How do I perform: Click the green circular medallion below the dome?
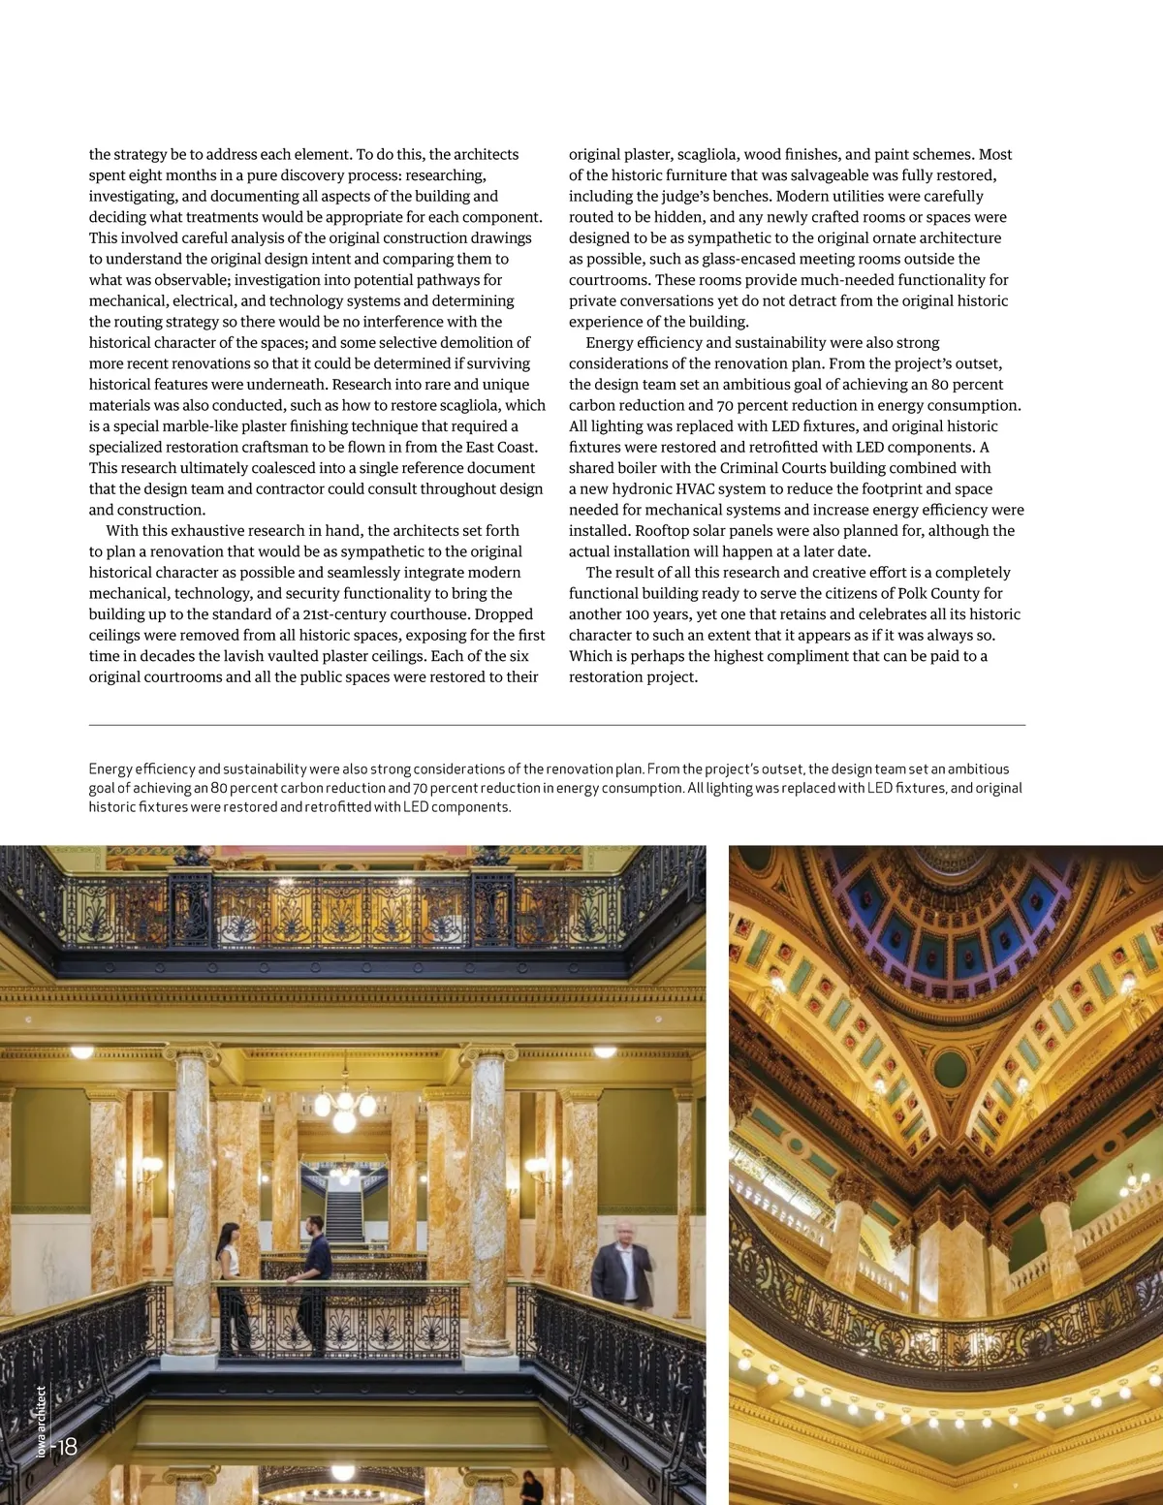(x=950, y=1070)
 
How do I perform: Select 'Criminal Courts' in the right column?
(x=774, y=468)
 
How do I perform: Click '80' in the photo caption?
(x=219, y=788)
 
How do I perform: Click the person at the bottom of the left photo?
(x=530, y=1488)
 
